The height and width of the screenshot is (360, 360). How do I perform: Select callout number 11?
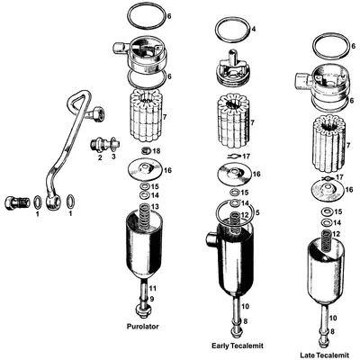152,287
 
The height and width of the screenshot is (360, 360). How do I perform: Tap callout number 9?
152,299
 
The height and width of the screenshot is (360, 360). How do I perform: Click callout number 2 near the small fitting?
101,157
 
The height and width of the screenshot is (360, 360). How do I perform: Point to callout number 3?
113,157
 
